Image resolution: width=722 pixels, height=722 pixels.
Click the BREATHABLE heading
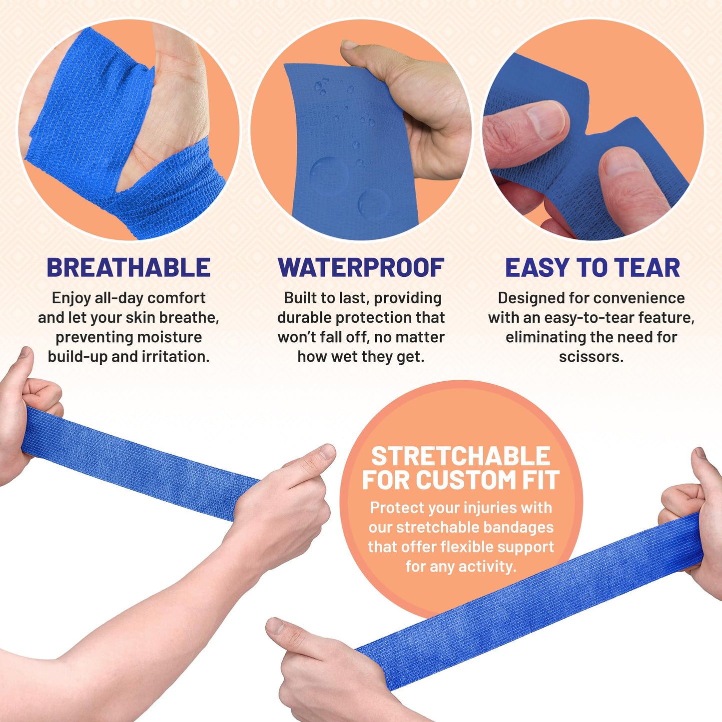(128, 268)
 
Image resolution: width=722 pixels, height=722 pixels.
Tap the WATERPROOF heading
(361, 268)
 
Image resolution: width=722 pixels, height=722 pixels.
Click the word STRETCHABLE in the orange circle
(461, 456)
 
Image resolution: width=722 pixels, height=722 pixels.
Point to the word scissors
(591, 357)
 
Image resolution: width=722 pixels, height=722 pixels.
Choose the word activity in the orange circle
(487, 567)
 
